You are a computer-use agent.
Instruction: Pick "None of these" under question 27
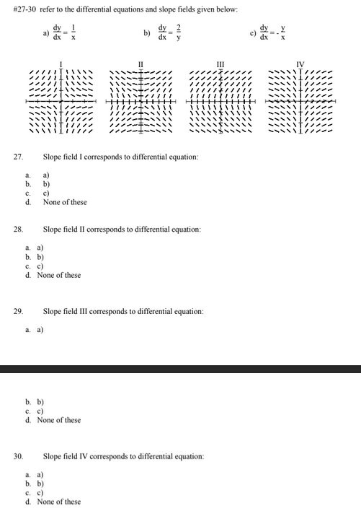[65, 202]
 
